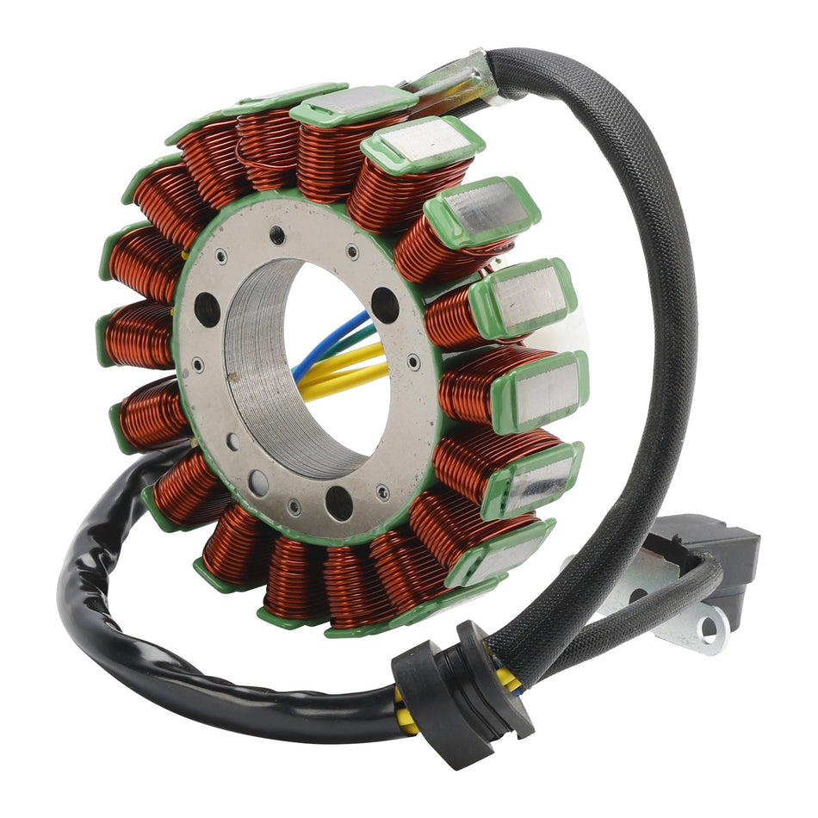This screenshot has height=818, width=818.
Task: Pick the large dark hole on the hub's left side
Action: tap(207, 309)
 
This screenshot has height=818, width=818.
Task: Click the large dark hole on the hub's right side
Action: tap(385, 305)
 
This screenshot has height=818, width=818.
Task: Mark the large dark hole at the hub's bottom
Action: tap(338, 502)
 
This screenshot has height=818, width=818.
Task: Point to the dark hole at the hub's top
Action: tap(277, 233)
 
